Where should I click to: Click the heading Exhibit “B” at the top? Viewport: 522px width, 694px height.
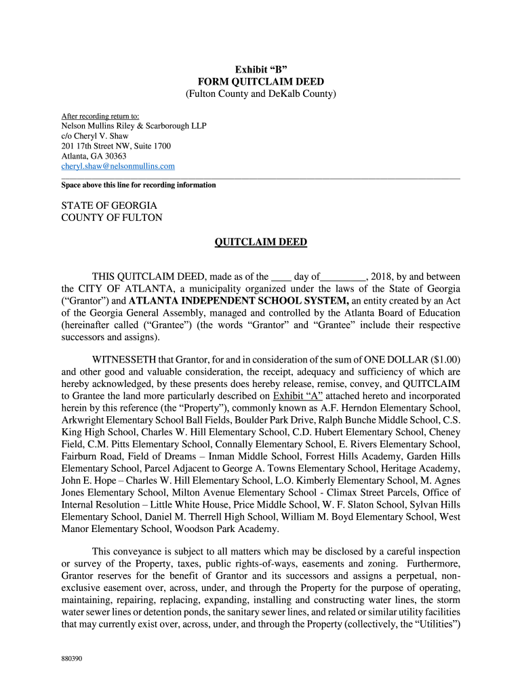(x=261, y=70)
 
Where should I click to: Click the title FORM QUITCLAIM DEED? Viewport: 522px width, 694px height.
(x=261, y=82)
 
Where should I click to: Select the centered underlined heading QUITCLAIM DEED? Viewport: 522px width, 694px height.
(x=261, y=242)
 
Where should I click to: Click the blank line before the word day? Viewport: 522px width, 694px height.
(x=281, y=277)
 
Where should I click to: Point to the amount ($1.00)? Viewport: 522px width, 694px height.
(x=445, y=360)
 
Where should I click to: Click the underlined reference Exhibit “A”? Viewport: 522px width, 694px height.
(x=298, y=396)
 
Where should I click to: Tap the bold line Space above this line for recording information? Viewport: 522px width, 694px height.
(x=139, y=185)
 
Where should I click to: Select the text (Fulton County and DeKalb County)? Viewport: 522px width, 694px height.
(x=261, y=94)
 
